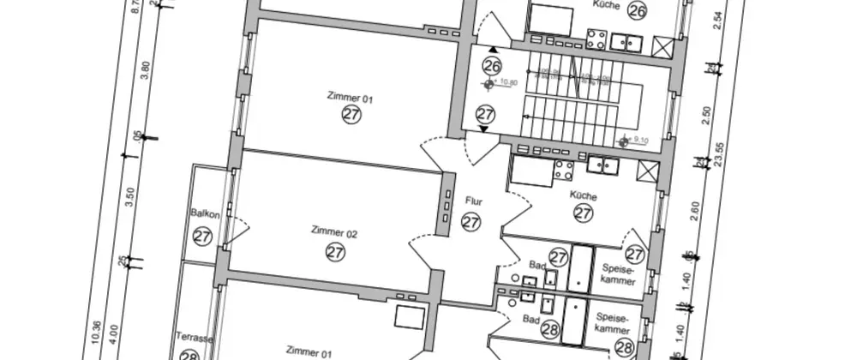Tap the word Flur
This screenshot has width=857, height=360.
click(x=473, y=202)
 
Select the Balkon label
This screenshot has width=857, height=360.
click(x=206, y=214)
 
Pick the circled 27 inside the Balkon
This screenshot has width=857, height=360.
click(x=202, y=236)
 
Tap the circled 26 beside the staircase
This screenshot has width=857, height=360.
click(x=491, y=65)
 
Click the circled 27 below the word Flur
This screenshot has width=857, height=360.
click(x=470, y=222)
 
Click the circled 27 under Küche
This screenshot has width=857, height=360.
click(x=583, y=214)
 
